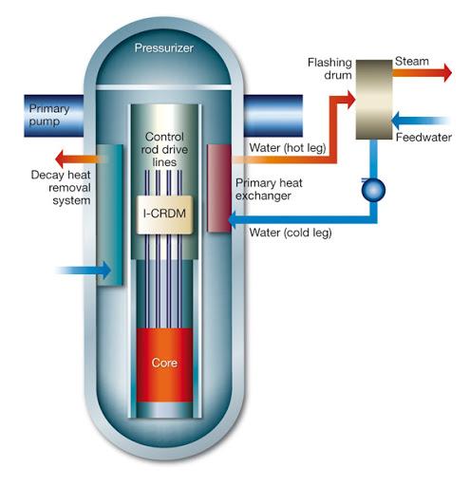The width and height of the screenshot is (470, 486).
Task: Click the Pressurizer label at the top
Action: click(x=163, y=48)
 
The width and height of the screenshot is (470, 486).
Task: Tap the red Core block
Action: click(x=164, y=364)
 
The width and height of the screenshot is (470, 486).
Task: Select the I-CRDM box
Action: click(x=164, y=215)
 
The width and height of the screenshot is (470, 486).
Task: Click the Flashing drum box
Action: click(x=374, y=100)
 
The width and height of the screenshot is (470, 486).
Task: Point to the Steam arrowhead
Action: click(x=447, y=72)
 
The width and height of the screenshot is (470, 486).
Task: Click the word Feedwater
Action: click(x=423, y=138)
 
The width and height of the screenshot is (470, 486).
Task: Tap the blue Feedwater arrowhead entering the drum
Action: click(x=395, y=121)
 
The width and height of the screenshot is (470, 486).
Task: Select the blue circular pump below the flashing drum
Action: click(x=373, y=190)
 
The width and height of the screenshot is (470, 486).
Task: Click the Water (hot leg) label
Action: click(x=288, y=148)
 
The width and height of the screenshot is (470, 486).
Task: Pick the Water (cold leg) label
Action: click(x=291, y=233)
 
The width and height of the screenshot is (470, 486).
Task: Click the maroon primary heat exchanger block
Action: click(x=219, y=188)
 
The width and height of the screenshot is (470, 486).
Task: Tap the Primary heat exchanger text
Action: click(x=269, y=189)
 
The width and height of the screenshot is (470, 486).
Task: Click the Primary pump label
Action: click(x=49, y=115)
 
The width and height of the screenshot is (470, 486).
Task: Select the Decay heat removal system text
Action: click(x=61, y=188)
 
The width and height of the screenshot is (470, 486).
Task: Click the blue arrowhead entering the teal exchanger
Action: click(x=106, y=271)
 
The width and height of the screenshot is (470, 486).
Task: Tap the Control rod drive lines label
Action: click(x=164, y=149)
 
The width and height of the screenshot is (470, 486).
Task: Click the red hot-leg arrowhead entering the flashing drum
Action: click(x=351, y=100)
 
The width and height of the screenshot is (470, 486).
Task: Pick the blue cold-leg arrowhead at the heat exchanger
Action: click(x=233, y=219)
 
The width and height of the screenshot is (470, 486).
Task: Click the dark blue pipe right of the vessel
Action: click(x=273, y=116)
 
